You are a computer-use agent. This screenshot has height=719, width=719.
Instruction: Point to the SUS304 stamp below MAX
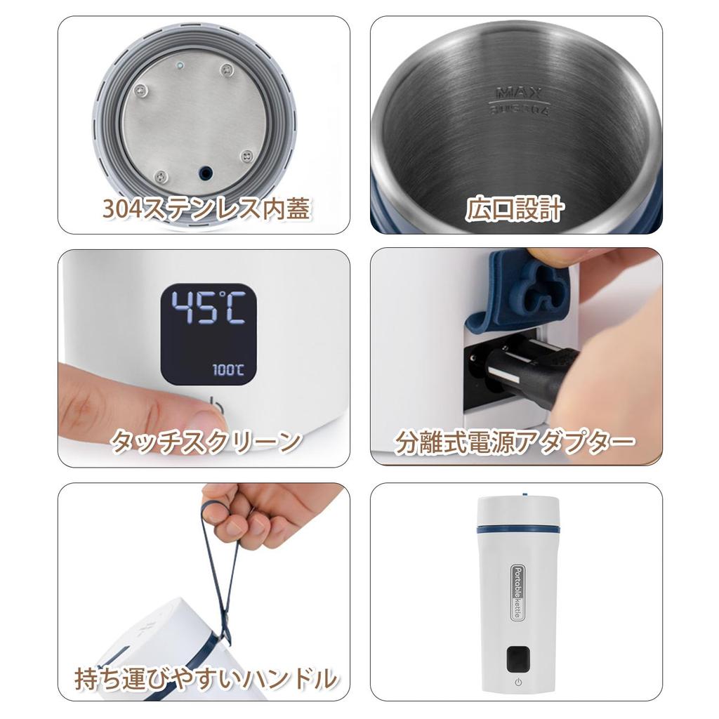tap(517, 109)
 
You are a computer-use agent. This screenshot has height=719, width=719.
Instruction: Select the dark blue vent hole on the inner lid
tap(206, 171)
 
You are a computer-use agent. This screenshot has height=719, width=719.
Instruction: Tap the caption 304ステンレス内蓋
tap(205, 209)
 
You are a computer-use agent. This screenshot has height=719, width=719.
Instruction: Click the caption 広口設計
tap(515, 209)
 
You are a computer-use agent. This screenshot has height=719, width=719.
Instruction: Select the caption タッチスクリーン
tap(205, 441)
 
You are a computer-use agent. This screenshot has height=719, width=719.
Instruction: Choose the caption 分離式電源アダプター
tap(515, 442)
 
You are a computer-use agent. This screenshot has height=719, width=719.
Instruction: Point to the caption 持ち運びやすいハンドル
tap(205, 678)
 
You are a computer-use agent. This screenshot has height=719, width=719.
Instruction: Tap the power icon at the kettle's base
tap(517, 682)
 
